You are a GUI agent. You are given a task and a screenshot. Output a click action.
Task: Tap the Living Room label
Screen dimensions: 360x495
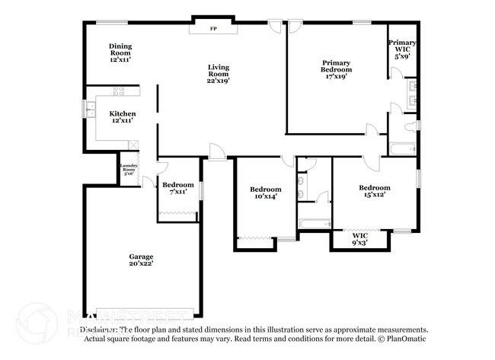(219, 73)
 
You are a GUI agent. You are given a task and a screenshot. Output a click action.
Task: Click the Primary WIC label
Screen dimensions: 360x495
(401, 49)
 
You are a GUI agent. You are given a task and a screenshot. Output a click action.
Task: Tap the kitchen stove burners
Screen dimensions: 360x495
(119, 92)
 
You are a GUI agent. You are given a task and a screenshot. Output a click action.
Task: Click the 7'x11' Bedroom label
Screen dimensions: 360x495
(178, 188)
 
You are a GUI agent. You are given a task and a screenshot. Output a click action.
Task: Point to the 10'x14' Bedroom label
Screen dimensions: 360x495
(266, 193)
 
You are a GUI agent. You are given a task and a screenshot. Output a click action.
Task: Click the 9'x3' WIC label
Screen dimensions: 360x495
(359, 240)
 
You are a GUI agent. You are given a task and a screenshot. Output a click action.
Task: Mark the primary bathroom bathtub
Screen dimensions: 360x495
(403, 148)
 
